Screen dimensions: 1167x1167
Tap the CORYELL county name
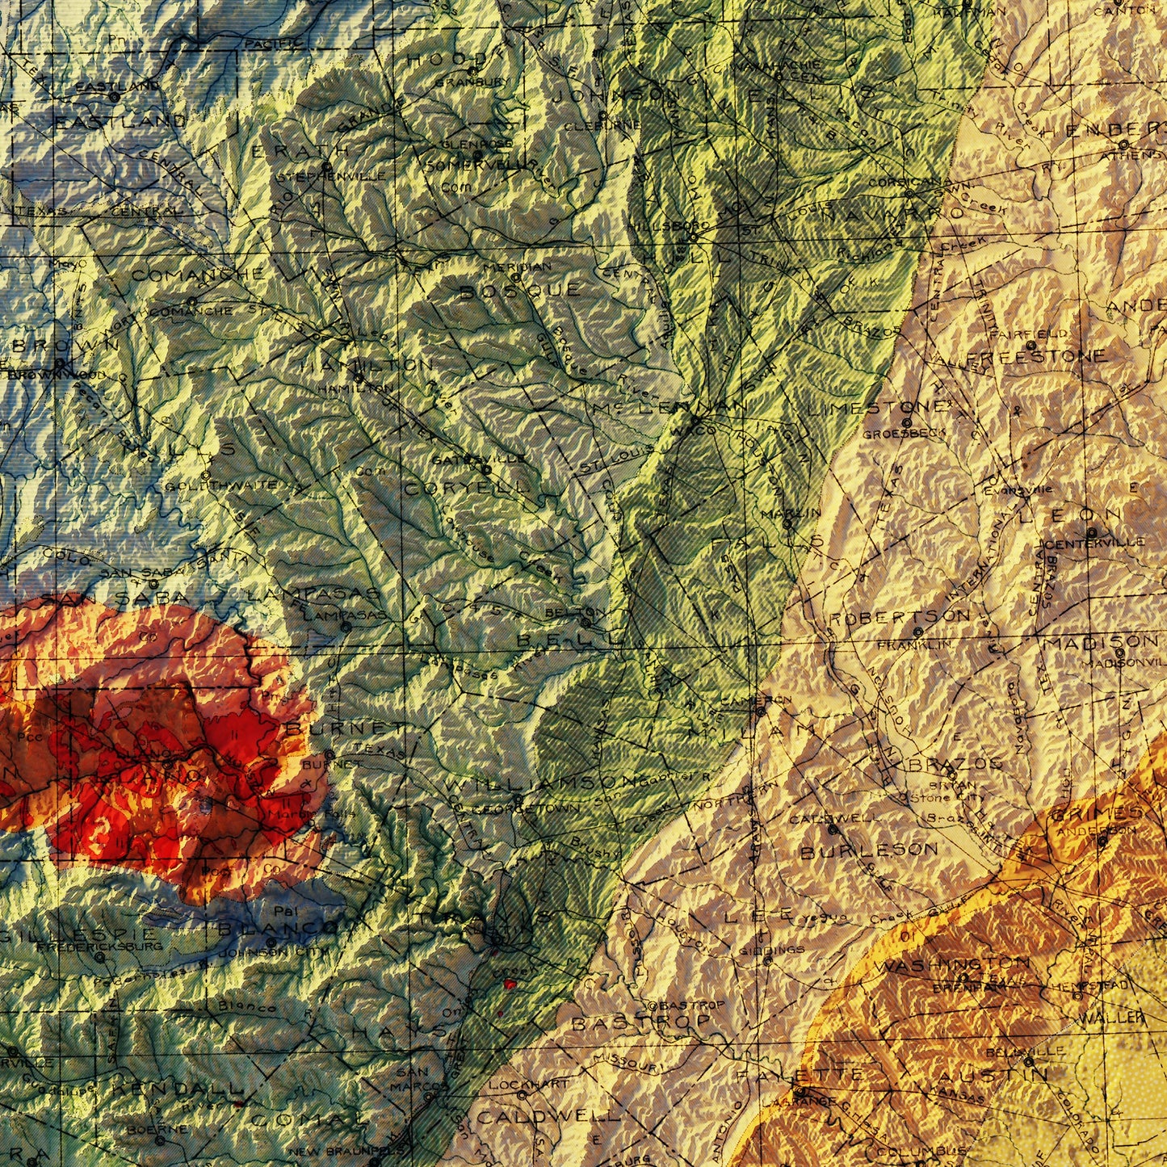[x=467, y=489]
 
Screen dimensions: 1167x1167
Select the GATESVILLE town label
[x=466, y=459]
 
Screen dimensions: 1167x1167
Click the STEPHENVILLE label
[x=330, y=177]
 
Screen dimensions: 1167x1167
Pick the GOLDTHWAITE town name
[x=220, y=485]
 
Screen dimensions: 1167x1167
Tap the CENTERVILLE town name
[x=1094, y=543]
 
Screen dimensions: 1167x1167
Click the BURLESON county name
[x=869, y=850]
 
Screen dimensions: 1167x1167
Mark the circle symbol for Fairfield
[x=1031, y=346]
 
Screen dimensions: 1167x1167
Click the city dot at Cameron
[x=759, y=712]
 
